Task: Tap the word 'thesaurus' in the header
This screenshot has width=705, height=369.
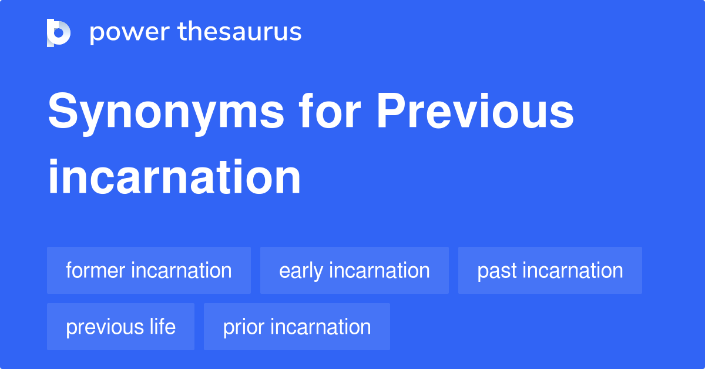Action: [240, 32]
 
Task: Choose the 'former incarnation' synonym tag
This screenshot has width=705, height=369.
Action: [149, 270]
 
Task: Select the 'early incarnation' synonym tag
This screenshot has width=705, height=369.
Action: [354, 270]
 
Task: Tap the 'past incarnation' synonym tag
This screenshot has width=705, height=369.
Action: [550, 270]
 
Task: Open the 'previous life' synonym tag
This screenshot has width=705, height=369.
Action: [120, 327]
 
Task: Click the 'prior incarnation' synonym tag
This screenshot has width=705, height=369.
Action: [297, 327]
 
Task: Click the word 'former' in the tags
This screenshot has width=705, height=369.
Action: [96, 270]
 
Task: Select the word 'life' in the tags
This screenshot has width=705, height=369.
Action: [162, 327]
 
